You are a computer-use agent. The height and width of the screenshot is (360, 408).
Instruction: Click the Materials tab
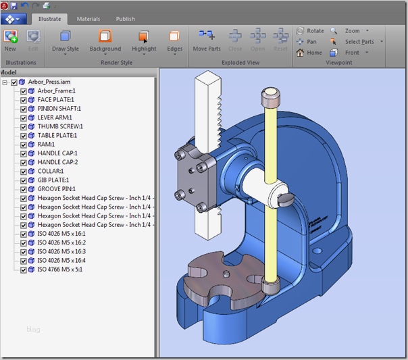click(x=88, y=19)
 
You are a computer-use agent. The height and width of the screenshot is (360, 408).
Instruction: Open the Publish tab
click(x=125, y=19)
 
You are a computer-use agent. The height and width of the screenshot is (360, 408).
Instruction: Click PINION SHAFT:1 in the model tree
click(x=59, y=108)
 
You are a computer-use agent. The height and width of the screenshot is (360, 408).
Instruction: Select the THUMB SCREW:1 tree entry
click(x=60, y=126)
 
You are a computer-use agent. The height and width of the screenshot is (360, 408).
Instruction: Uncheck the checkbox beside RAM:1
click(x=24, y=144)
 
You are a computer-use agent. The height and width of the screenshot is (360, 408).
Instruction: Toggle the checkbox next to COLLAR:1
click(x=24, y=171)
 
